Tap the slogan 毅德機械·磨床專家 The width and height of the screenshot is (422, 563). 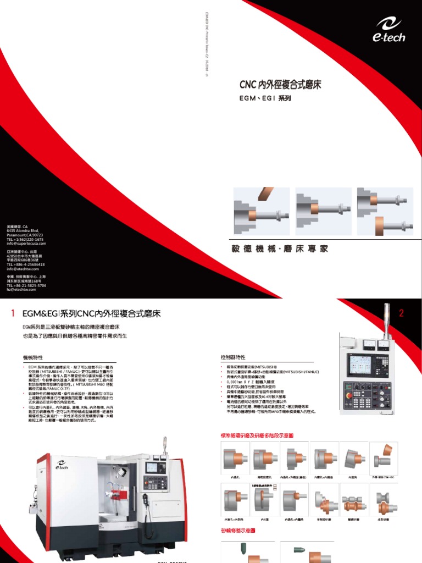tap(280, 249)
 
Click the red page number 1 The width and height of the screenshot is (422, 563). tap(12, 313)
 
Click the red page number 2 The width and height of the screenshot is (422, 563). tap(402, 313)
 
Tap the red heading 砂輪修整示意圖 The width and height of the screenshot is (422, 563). tap(236, 531)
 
